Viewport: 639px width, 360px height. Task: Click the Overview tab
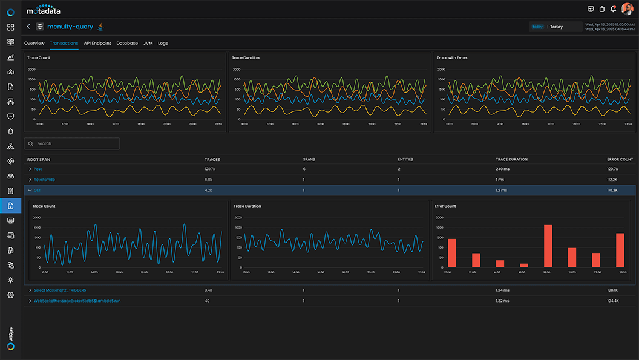coord(34,44)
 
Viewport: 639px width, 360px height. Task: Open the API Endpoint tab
coord(97,44)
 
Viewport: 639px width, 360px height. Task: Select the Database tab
coord(127,44)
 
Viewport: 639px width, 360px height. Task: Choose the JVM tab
coord(148,44)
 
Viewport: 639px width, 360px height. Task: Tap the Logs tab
coord(163,44)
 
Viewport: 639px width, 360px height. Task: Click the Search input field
coord(72,143)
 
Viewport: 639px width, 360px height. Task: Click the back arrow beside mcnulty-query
coord(28,27)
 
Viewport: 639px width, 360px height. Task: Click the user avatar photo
coord(627,9)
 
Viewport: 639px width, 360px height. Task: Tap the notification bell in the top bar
coord(613,9)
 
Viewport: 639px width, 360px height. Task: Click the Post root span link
coord(38,169)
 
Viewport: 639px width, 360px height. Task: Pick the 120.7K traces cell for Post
coord(211,169)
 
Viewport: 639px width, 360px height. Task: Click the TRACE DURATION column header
coord(511,159)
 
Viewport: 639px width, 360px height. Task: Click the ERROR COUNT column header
coord(620,159)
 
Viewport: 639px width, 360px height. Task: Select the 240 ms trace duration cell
coord(503,169)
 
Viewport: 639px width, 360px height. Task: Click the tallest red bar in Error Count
coord(548,246)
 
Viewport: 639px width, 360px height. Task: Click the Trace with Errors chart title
coord(452,58)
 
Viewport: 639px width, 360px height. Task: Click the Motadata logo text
coord(44,10)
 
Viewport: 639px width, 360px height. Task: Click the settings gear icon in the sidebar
coord(10,295)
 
